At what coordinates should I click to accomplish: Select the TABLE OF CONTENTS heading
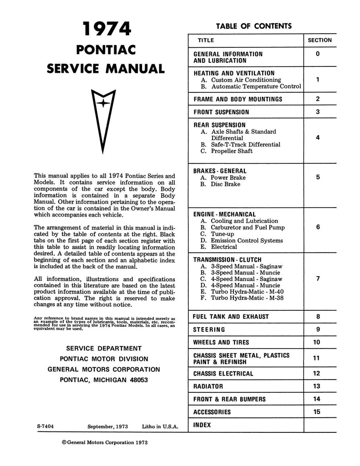(x=254, y=26)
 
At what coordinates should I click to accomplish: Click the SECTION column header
(x=319, y=40)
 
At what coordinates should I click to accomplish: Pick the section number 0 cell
(x=318, y=54)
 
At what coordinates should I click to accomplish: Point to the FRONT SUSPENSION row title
(x=221, y=112)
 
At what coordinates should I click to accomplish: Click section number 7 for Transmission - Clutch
(x=318, y=279)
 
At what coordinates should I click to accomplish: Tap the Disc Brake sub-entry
(x=226, y=184)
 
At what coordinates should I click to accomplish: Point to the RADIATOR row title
(x=208, y=386)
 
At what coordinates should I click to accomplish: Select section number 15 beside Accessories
(x=317, y=412)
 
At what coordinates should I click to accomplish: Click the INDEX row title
(x=203, y=425)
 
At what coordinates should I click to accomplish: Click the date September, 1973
(x=108, y=426)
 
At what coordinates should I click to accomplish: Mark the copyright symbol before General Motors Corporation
(x=64, y=442)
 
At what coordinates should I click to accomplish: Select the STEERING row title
(x=209, y=329)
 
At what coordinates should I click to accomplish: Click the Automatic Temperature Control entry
(x=256, y=86)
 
